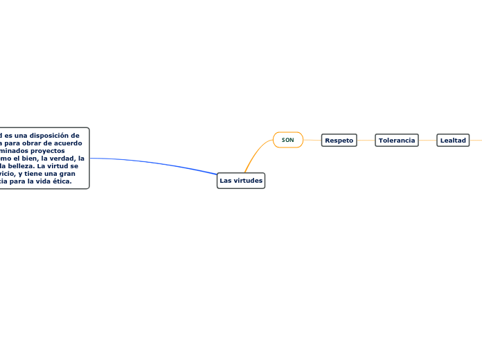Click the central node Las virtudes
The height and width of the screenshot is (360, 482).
click(x=240, y=181)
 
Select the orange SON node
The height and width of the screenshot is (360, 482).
click(x=288, y=140)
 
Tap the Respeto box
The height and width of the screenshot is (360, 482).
click(x=339, y=140)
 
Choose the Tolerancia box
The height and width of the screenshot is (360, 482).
click(x=396, y=140)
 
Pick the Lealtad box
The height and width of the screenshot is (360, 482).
click(x=453, y=140)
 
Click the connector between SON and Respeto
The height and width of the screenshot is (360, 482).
click(x=312, y=140)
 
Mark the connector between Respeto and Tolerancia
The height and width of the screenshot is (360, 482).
click(x=366, y=140)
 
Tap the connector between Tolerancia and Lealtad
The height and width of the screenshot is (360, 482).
click(x=427, y=140)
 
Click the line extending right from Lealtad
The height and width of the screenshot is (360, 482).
click(x=476, y=140)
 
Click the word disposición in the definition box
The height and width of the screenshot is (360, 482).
click(x=55, y=135)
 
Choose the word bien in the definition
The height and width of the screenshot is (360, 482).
click(x=27, y=158)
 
